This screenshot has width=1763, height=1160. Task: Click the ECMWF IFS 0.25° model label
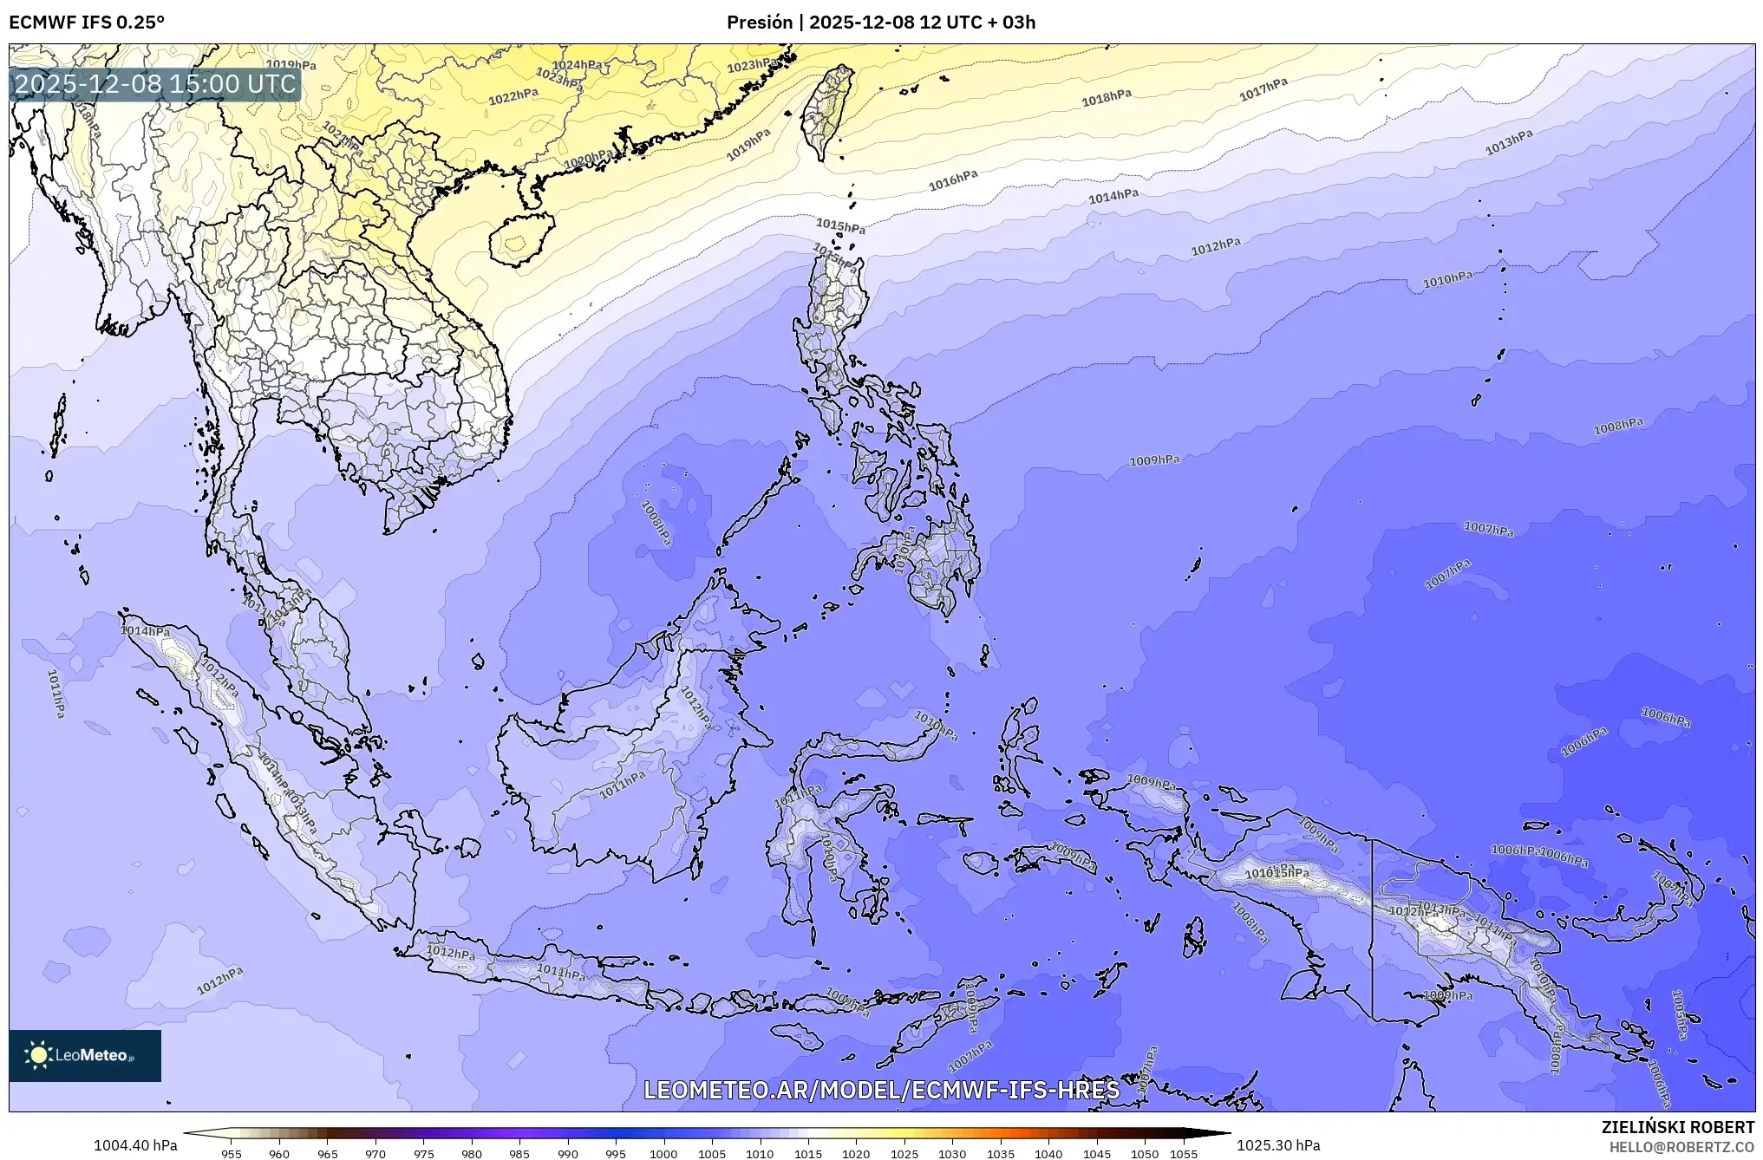(87, 23)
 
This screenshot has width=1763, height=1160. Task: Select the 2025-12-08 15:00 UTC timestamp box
(155, 84)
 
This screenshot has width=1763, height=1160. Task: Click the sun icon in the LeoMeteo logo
(38, 1054)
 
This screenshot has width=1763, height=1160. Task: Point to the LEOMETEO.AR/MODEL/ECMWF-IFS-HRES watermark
(881, 1090)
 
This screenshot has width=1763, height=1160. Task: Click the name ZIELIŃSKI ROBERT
(1677, 1127)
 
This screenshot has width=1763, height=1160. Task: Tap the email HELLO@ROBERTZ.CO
(1681, 1146)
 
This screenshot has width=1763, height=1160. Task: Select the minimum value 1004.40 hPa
(135, 1145)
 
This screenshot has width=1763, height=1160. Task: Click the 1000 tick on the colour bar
(663, 1154)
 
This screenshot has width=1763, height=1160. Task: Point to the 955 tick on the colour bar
(232, 1154)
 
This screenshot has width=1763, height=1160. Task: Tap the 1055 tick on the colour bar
(1183, 1154)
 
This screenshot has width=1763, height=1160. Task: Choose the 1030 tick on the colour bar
(951, 1154)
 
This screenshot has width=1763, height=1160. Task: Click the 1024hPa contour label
(578, 65)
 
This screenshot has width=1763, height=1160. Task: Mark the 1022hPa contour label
(513, 97)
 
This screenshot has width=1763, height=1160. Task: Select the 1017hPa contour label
(1263, 89)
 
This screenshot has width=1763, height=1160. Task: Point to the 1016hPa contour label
(953, 180)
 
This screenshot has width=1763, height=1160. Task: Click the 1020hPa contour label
(589, 160)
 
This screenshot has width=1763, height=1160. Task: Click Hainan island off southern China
(519, 238)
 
